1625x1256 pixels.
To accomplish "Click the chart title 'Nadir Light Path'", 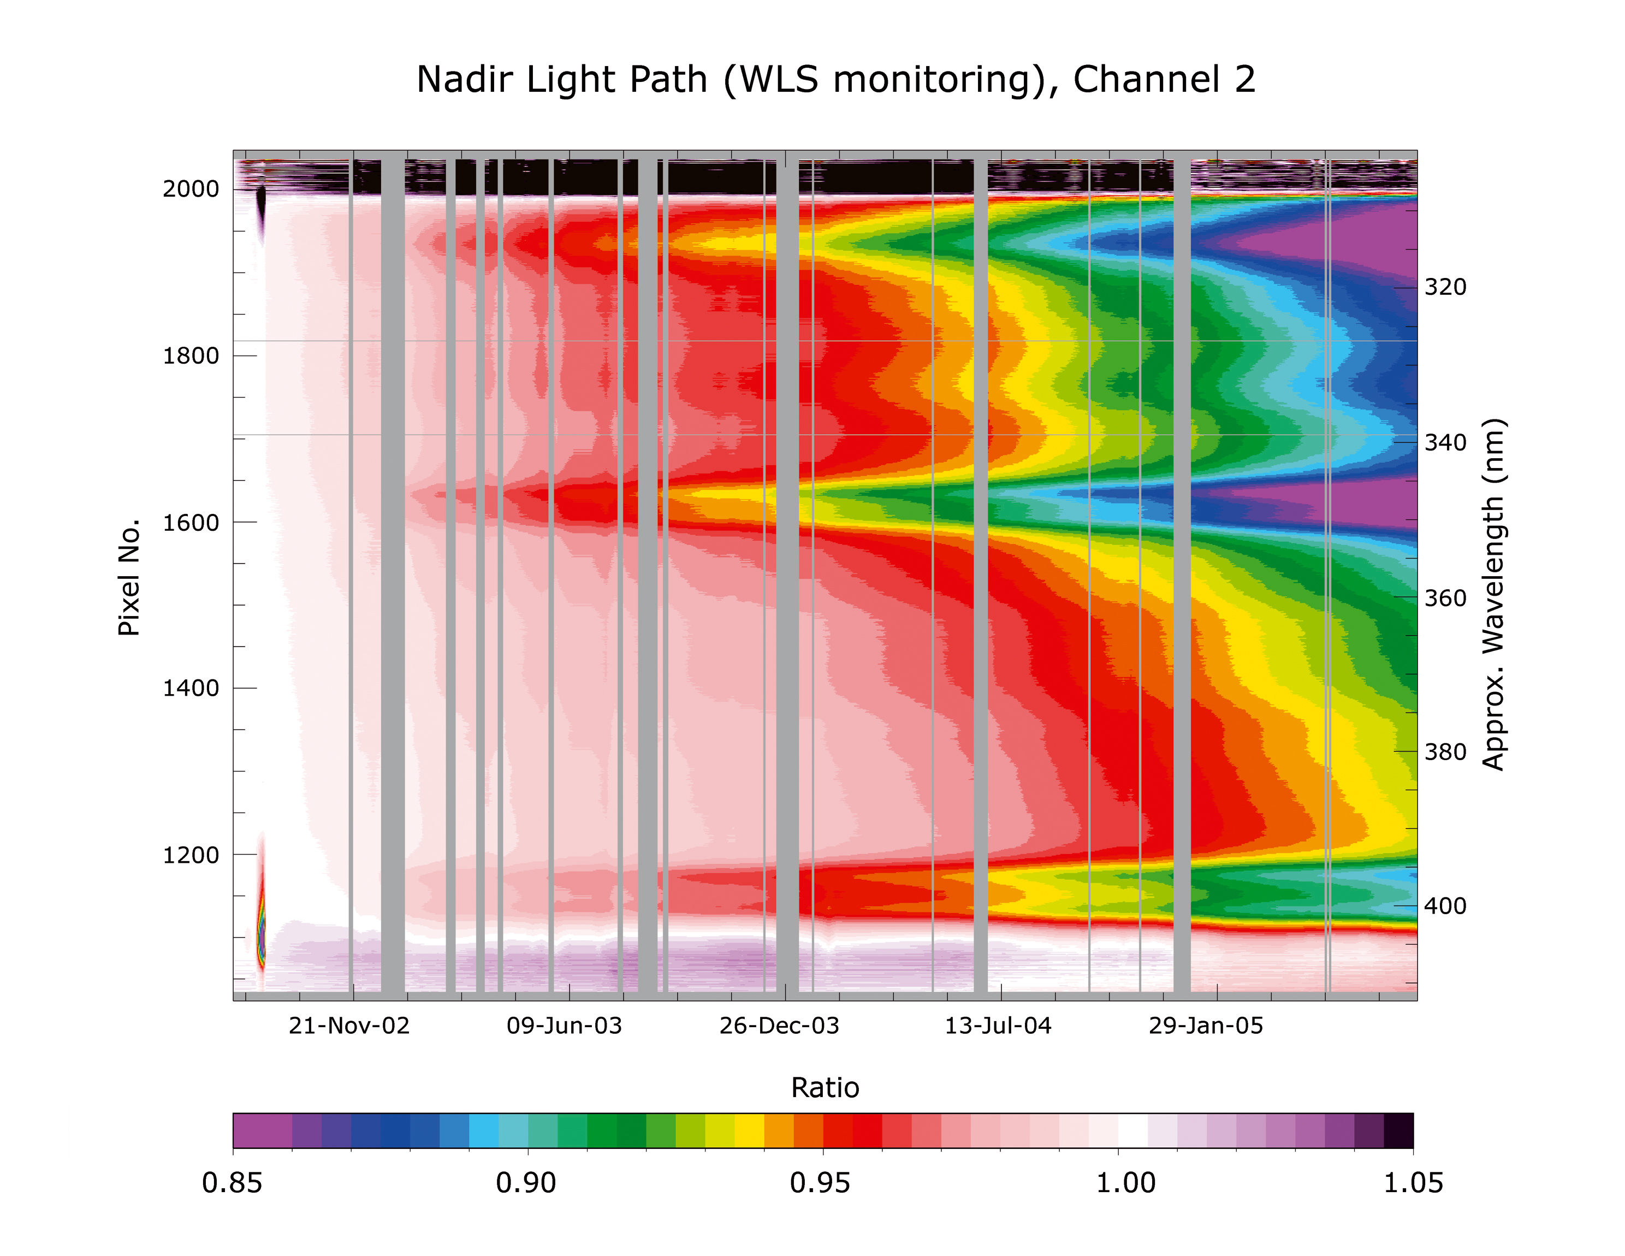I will (x=835, y=80).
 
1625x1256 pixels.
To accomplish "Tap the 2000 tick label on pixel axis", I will (x=191, y=189).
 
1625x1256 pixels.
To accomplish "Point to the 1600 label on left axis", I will (x=191, y=523).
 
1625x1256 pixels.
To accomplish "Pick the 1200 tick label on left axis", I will (x=191, y=856).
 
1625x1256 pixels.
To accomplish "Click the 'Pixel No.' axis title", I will (x=129, y=577).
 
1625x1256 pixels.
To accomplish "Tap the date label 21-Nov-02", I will (x=349, y=1026).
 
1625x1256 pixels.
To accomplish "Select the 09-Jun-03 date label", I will (x=564, y=1026).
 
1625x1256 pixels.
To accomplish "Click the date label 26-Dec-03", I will (x=779, y=1026).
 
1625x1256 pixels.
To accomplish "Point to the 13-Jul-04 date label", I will (x=998, y=1026).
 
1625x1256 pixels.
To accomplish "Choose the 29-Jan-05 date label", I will (x=1205, y=1026).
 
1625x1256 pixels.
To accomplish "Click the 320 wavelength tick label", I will (x=1445, y=287).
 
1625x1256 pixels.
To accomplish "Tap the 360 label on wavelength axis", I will (x=1445, y=598).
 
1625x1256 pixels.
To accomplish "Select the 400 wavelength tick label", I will (x=1445, y=907).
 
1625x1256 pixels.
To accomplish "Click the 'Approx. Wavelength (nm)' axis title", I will (x=1494, y=595).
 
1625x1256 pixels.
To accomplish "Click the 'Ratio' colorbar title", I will (x=825, y=1088).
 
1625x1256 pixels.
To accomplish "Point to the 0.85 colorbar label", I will (x=232, y=1183).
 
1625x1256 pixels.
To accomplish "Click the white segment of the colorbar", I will (x=1132, y=1130).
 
